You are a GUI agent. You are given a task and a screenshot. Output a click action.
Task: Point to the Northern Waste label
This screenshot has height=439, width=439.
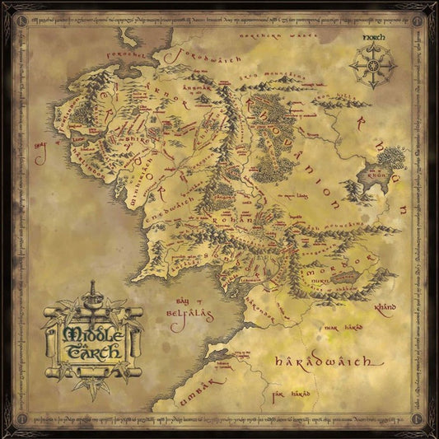(x=265, y=37)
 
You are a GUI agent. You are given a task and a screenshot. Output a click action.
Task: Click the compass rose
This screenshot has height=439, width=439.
(x=374, y=67)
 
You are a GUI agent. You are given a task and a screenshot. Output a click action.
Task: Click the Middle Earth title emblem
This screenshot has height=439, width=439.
(x=93, y=334)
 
